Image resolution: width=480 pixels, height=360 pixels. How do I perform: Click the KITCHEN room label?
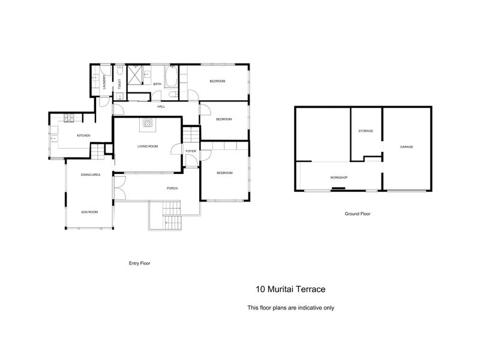83,136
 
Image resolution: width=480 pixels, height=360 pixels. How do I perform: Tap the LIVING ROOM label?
148,146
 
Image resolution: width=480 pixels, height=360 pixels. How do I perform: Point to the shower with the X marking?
135,74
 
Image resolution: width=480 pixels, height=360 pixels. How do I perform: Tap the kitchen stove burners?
69,118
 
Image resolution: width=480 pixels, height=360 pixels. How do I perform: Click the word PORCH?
172,188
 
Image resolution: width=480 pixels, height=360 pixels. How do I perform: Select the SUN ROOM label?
89,212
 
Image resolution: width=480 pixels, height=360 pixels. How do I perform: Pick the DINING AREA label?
91,175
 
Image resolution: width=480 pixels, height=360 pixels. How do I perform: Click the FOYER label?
191,151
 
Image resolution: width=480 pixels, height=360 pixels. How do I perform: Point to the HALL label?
161,107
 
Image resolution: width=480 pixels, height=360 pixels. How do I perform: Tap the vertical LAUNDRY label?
104,82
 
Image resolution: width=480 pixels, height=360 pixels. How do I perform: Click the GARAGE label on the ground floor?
407,147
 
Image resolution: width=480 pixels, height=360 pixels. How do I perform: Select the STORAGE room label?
366,131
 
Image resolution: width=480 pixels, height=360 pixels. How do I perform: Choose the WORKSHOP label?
338,178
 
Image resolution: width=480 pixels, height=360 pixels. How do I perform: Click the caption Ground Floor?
358,214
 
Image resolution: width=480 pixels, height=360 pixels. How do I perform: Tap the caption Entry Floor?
140,263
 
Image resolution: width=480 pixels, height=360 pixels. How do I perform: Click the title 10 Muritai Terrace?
290,289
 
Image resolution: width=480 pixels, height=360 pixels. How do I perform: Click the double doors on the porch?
119,188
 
